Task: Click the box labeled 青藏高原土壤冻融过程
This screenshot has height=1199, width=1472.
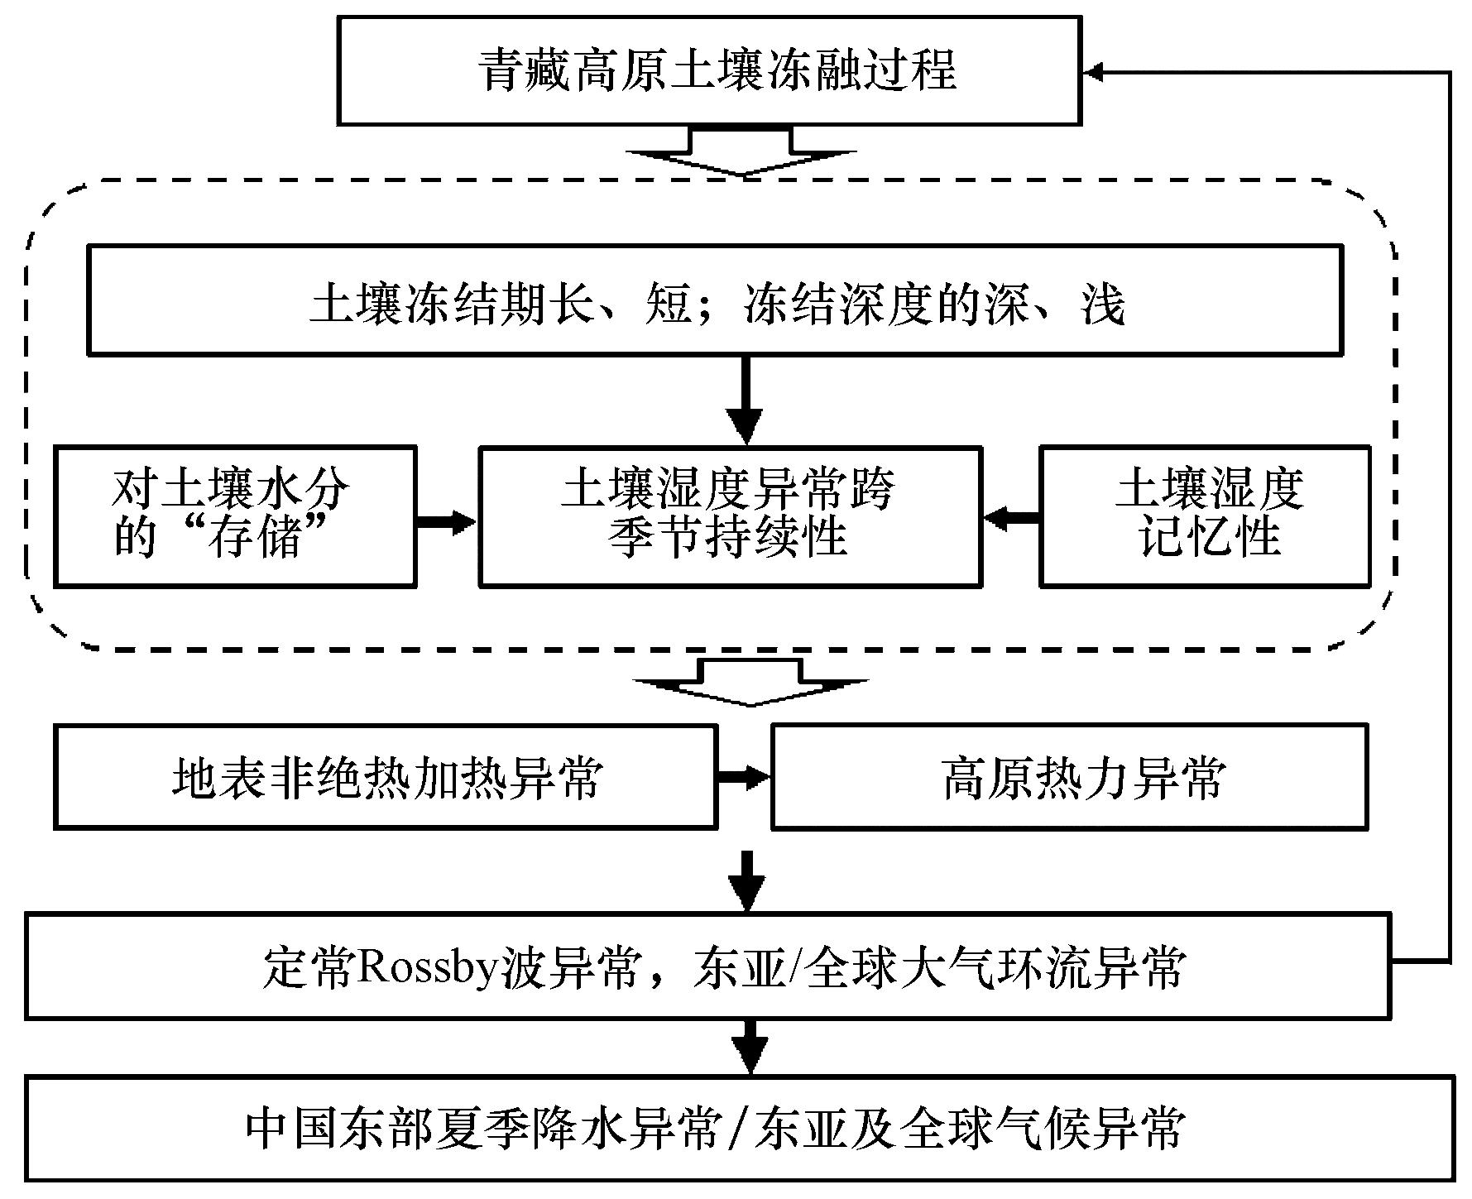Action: (x=709, y=71)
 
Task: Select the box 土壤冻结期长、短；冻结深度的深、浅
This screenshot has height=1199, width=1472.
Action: (x=715, y=300)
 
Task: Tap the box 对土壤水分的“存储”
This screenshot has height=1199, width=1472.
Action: (x=235, y=517)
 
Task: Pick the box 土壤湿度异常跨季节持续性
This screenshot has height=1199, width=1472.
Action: (x=731, y=517)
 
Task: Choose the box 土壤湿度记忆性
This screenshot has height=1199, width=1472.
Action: (x=1205, y=517)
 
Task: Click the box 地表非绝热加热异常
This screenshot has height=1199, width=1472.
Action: (x=385, y=777)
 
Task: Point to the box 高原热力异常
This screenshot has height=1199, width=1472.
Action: (x=1070, y=777)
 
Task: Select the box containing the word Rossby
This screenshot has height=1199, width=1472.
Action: (x=708, y=966)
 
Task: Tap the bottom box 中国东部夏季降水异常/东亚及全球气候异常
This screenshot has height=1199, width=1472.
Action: (x=740, y=1128)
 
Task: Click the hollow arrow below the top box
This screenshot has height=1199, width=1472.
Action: (x=741, y=151)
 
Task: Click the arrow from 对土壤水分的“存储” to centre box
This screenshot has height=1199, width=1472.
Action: (x=447, y=521)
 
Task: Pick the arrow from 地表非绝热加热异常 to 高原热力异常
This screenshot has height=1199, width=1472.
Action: (x=744, y=777)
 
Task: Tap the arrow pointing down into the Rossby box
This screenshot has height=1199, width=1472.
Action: (x=750, y=881)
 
